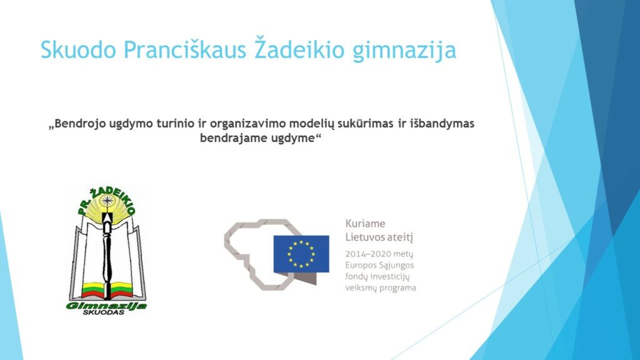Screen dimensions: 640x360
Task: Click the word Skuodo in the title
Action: [x=78, y=50]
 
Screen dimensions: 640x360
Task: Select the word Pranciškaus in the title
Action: [x=185, y=50]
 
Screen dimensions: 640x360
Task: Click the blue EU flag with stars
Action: [x=301, y=254]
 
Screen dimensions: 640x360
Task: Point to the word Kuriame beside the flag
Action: [x=365, y=224]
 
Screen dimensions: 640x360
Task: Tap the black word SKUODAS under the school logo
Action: [x=104, y=312]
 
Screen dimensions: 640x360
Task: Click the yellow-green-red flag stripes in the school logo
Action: [x=107, y=290]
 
